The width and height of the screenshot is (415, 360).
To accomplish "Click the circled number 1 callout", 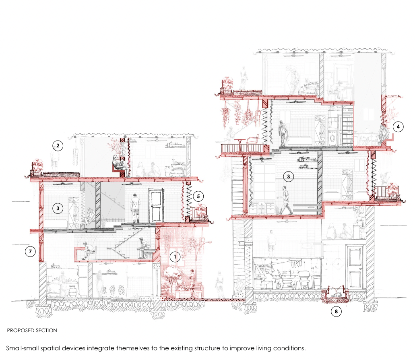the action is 175,257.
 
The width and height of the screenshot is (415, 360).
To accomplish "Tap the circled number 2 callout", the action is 58,146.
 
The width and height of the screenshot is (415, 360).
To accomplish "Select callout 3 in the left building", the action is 58,208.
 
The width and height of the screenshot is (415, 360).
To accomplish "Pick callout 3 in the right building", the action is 289,176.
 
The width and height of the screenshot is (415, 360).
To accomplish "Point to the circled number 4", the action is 398,127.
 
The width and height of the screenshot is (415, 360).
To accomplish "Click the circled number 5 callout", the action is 198,196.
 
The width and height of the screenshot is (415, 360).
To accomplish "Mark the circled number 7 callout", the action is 30,251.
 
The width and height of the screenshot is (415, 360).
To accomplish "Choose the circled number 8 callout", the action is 336,311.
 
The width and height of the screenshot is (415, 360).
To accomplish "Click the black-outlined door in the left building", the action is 156,205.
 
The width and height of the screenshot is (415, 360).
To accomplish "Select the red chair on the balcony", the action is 253,143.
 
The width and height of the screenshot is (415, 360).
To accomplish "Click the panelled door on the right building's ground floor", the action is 355,267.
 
